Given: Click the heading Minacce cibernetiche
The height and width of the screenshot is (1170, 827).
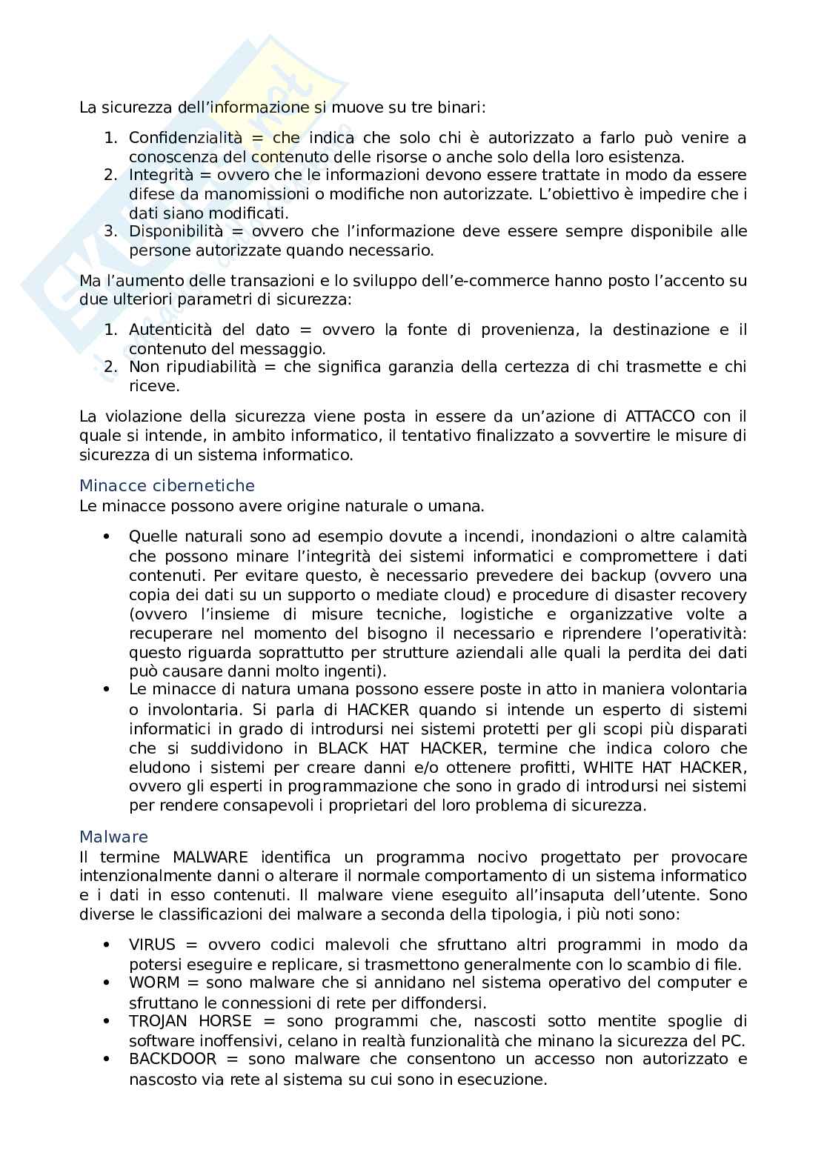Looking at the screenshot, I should (167, 486).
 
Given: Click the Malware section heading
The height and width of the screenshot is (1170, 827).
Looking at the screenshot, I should (113, 837).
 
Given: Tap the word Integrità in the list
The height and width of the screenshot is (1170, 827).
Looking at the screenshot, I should (160, 176).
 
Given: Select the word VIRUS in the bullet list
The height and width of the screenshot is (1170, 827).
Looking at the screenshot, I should (152, 945).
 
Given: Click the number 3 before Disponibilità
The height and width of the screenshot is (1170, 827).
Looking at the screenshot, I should (110, 231).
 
